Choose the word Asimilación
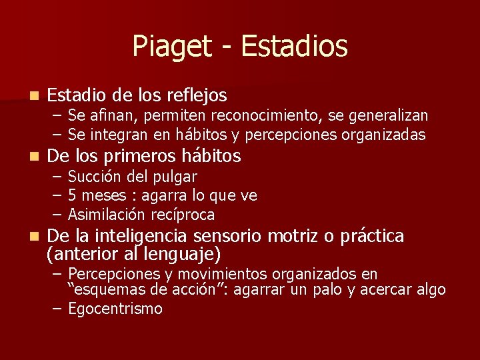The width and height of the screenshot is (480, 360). [106, 215]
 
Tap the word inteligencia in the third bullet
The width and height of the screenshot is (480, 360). [142, 236]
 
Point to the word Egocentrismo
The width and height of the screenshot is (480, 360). [115, 309]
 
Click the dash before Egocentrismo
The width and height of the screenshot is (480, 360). [57, 309]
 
